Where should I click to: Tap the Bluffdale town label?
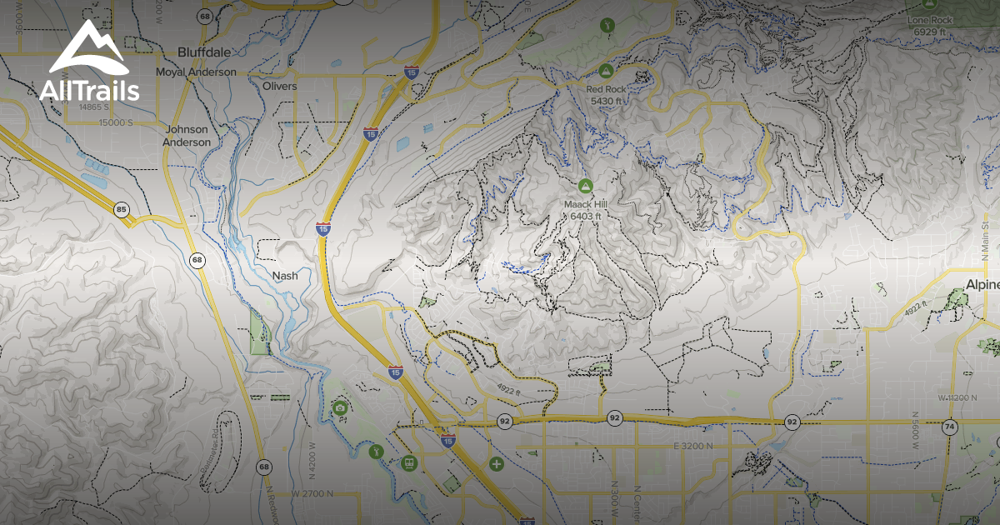[x=204, y=52]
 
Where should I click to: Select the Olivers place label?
[x=279, y=86]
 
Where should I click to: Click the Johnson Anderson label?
[x=187, y=136]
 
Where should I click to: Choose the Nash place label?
[x=285, y=276]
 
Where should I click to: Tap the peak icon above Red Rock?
[x=607, y=72]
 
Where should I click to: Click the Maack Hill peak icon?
[x=585, y=185]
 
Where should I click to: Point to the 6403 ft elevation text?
[x=586, y=217]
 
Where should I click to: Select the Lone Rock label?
[x=929, y=19]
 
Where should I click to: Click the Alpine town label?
[x=982, y=285]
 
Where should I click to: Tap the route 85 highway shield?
[x=122, y=209]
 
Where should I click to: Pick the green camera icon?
[x=340, y=407]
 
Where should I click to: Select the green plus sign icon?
[x=497, y=463]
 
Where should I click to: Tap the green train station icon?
[x=409, y=462]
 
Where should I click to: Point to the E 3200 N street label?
[x=692, y=447]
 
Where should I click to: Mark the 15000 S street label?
[x=114, y=122]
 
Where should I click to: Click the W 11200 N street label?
[x=957, y=398]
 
